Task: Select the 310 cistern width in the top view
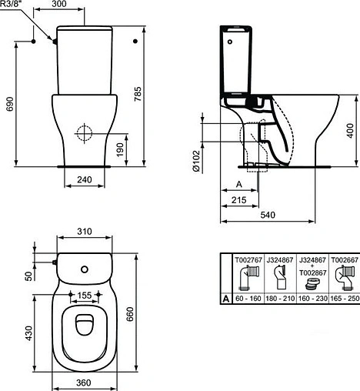pos(85,230)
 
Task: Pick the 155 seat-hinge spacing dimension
pos(85,295)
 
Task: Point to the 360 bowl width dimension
pos(85,383)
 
